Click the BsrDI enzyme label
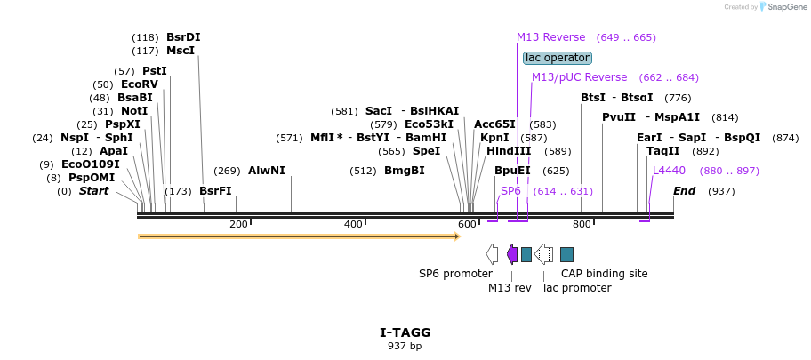183,37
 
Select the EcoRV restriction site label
139,84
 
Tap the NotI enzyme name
134,111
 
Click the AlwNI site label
266,171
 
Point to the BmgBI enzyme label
404,171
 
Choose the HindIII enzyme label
509,151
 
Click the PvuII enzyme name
619,117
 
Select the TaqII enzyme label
663,151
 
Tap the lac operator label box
558,58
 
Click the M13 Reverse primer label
551,37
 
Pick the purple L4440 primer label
669,171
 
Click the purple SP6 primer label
510,191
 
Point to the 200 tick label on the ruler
238,224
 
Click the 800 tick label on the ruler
582,224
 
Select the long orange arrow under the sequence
298,236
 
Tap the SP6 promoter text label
455,274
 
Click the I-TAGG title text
405,332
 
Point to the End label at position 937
684,191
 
